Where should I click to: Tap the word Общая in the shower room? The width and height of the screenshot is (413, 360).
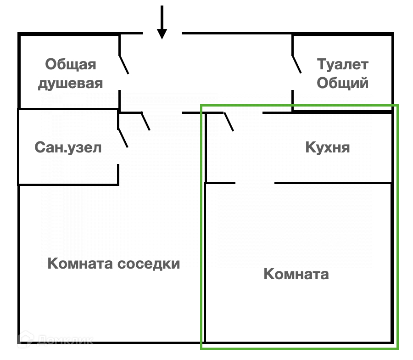tap(71, 64)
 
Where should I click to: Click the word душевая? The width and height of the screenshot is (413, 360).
tap(70, 84)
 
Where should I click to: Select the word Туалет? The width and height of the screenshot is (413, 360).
tap(343, 64)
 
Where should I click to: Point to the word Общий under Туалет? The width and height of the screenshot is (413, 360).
tap(343, 83)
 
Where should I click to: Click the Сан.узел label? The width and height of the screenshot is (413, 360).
tap(68, 148)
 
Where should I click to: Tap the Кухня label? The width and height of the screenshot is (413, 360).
tap(327, 148)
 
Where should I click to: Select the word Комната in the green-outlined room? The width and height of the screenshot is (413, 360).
tap(296, 275)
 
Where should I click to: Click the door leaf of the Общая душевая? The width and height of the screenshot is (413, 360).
tap(124, 64)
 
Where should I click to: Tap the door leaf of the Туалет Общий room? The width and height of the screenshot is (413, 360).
tap(297, 64)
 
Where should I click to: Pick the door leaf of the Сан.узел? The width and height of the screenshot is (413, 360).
tap(123, 138)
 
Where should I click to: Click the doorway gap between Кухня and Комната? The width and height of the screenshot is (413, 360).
tap(255, 183)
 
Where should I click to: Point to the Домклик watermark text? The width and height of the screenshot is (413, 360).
tap(65, 340)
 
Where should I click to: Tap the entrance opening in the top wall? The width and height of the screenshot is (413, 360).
tap(162, 34)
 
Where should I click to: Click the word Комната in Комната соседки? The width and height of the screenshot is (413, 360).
tap(81, 264)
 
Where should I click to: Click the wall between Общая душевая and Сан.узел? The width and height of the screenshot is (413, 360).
tap(69, 109)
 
